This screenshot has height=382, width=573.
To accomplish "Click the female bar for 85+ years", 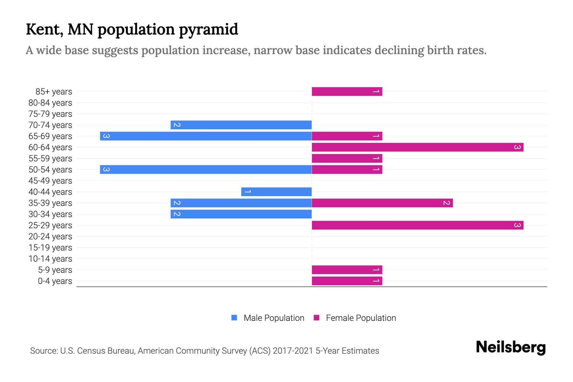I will pos(347,92).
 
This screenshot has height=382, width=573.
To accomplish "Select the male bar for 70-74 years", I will pos(241,125).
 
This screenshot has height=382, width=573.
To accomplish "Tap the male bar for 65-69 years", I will pos(206,136).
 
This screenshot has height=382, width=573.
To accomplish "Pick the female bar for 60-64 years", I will pos(417,147).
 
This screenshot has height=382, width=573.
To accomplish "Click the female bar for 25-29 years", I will pos(417,225).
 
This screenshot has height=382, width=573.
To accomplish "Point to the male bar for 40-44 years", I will pos(276,192).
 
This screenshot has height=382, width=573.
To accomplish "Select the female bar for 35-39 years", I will pos(382,203).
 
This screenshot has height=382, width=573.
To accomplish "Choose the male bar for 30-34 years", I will pos(241,214).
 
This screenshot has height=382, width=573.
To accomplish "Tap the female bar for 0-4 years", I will pos(347,281).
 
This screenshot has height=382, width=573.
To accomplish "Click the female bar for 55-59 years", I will pos(347,159).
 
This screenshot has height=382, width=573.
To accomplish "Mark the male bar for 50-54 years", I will pos(206,170).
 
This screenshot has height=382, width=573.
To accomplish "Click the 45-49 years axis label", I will pos(50,181).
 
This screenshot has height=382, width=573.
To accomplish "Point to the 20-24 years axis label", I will pos(50,237).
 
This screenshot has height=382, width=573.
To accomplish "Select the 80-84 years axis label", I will pos(50,103).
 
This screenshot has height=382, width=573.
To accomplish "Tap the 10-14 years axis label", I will pos(50,259).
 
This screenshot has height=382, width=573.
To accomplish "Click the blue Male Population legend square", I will pos(234,318).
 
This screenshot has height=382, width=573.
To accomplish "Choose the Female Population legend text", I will pos(361,318).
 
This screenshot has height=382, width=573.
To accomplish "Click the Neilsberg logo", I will pos(511,347).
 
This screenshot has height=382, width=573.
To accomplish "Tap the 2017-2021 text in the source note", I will pos(293,351).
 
